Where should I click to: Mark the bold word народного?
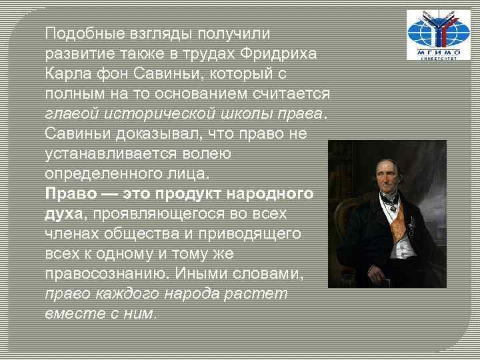271,194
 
